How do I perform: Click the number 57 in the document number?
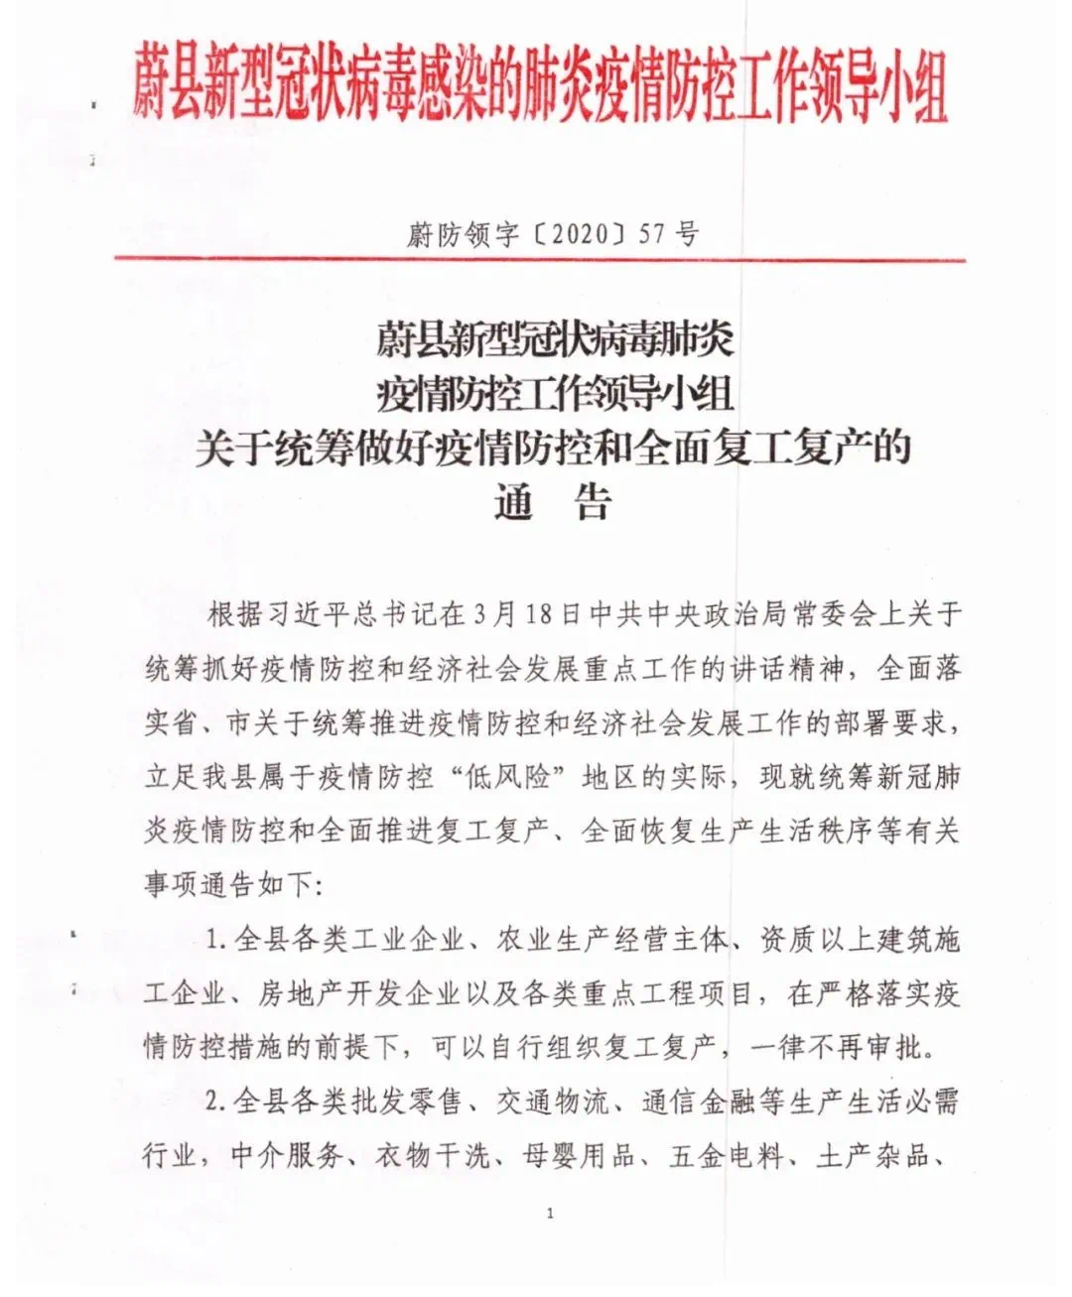tap(651, 234)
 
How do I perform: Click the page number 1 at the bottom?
tap(550, 1213)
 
